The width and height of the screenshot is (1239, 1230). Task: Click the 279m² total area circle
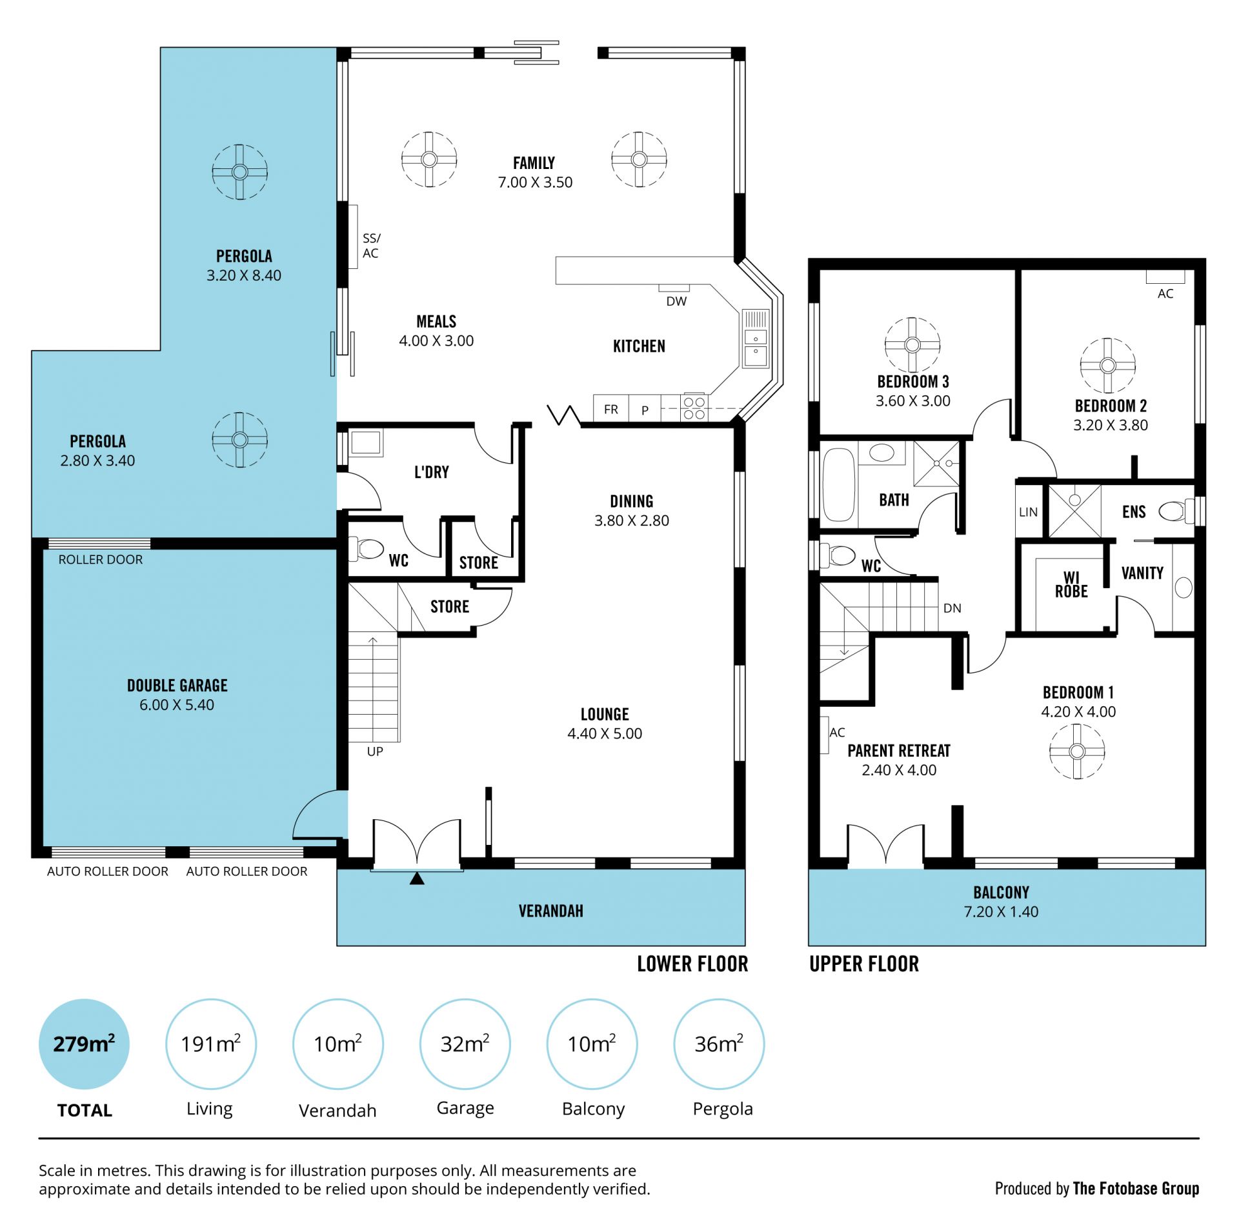(x=84, y=1044)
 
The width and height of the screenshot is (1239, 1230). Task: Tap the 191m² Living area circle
(x=211, y=1044)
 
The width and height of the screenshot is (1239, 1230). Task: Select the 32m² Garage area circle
(x=465, y=1044)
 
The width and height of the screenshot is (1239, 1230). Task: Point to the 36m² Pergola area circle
(x=719, y=1044)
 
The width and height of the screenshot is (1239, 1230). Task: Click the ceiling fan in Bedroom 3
(x=912, y=344)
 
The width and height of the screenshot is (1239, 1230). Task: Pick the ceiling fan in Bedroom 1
(x=1076, y=751)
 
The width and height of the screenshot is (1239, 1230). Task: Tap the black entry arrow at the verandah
(x=417, y=878)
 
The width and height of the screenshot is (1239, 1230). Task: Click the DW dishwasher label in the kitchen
(x=676, y=301)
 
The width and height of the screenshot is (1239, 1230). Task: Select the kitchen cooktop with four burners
(x=694, y=408)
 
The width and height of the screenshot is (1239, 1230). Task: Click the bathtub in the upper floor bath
(x=839, y=484)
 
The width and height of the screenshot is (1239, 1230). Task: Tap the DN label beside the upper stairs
(x=952, y=608)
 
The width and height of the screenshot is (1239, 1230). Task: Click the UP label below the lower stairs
(x=375, y=751)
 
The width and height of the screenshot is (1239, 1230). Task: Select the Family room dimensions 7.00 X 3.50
(x=535, y=183)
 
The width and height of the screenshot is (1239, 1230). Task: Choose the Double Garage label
(x=177, y=685)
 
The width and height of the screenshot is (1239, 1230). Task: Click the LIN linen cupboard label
(x=1028, y=512)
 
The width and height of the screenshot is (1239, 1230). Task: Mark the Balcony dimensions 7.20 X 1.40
(x=1001, y=911)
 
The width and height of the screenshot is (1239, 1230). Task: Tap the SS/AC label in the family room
(x=371, y=246)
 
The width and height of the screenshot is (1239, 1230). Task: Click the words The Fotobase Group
(x=1136, y=1188)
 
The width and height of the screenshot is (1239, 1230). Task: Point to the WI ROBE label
(x=1071, y=584)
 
